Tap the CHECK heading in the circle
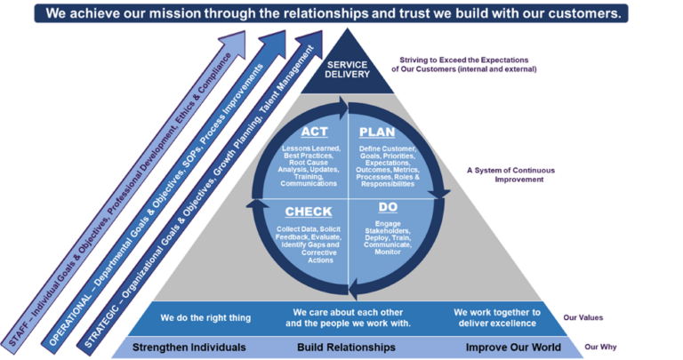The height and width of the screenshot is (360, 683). point(308,212)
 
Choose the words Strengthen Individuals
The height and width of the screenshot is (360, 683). point(189,347)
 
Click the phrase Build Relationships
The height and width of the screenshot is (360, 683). point(346,347)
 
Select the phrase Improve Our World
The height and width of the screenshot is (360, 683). point(513,347)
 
